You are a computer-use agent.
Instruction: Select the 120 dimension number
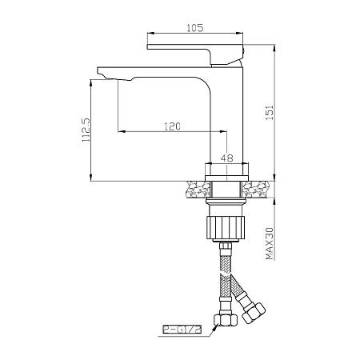(x=170, y=126)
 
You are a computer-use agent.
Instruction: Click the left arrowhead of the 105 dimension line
(x=150, y=34)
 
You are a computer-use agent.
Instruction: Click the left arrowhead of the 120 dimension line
(x=121, y=132)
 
